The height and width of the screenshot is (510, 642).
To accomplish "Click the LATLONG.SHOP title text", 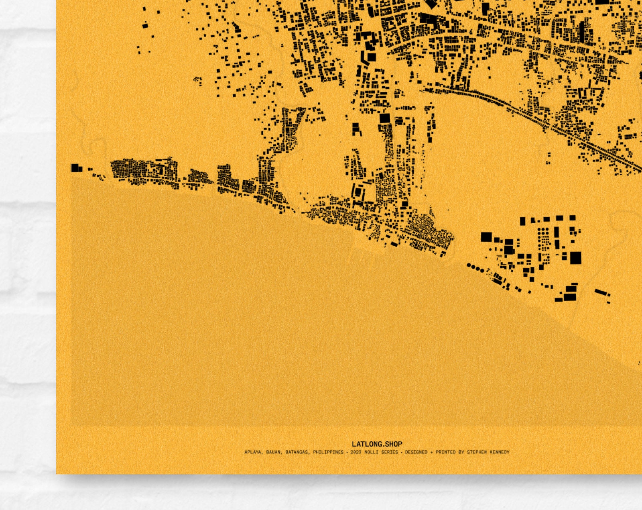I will [x=377, y=444].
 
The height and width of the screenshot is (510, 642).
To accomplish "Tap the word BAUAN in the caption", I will [x=273, y=452].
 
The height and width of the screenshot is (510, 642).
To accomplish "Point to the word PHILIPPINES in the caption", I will [x=328, y=452].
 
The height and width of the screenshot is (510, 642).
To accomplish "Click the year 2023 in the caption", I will [x=356, y=452].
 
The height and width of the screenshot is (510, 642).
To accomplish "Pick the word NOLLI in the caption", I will [x=371, y=452].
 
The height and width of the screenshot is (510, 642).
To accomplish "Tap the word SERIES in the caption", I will [x=389, y=452].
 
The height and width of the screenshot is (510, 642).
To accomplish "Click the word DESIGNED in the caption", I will [x=416, y=452].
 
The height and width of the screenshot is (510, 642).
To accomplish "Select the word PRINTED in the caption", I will [x=445, y=452].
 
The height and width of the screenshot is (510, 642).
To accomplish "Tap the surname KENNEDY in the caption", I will [x=500, y=452].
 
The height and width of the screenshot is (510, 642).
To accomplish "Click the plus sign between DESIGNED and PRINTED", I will [x=432, y=452].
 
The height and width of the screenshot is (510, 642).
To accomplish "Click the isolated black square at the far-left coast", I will [x=75, y=168].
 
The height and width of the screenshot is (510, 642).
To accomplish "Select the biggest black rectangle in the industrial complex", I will [x=575, y=258].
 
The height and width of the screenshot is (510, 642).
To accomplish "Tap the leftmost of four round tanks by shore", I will [x=469, y=265].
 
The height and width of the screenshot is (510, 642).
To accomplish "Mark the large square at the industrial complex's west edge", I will [x=486, y=237].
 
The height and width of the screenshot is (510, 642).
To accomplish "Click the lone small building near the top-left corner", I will [x=145, y=26].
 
